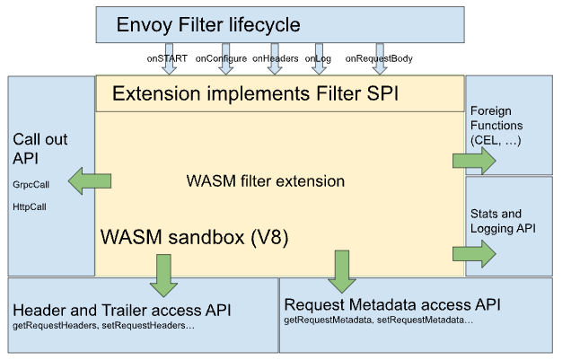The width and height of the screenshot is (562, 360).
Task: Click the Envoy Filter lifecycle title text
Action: tap(208, 25)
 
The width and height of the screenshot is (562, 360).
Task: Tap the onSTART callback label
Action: tap(167, 58)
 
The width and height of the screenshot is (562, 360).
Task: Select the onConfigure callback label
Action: tap(221, 59)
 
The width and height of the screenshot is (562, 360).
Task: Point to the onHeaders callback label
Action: tap(276, 58)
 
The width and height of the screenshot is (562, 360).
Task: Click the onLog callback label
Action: tap(318, 59)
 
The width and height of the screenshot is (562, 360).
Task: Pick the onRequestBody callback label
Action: tap(379, 59)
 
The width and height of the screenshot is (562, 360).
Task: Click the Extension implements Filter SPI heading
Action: tap(255, 93)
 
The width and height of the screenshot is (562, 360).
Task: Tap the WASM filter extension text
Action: tap(266, 181)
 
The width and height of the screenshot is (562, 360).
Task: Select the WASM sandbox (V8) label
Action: tap(194, 237)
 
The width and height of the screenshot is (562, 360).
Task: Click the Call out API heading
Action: tap(40, 149)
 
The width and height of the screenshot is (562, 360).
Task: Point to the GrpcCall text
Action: tap(31, 185)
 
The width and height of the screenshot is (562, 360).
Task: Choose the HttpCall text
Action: tap(30, 206)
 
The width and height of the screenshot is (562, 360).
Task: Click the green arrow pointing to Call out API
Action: tap(90, 181)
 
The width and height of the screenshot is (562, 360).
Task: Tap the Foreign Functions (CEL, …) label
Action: tap(496, 126)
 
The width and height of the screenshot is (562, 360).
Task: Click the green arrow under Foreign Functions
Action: tap(474, 161)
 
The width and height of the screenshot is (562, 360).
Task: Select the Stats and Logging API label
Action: tap(503, 221)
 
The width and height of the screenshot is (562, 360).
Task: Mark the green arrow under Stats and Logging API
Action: tap(474, 254)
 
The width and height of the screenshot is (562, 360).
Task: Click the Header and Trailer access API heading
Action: tap(122, 311)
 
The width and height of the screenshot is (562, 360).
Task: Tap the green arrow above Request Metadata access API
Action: tap(342, 271)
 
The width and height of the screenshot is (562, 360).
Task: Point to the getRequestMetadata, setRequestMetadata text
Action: tap(379, 320)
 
